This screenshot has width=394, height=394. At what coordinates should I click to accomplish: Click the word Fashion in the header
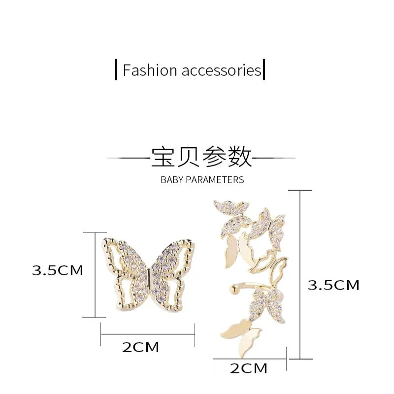tap(150, 70)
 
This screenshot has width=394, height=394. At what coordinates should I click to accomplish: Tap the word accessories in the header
tap(221, 70)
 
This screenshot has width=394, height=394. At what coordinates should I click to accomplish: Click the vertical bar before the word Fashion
tap(115, 69)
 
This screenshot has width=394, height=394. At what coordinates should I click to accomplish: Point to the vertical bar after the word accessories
tap(264, 69)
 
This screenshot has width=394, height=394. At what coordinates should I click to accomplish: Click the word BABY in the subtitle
tap(171, 180)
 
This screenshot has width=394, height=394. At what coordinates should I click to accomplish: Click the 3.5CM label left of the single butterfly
tap(58, 270)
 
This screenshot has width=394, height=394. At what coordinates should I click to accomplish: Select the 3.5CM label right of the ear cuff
tap(333, 285)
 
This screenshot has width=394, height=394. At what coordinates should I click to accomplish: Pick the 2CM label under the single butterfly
tap(141, 347)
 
